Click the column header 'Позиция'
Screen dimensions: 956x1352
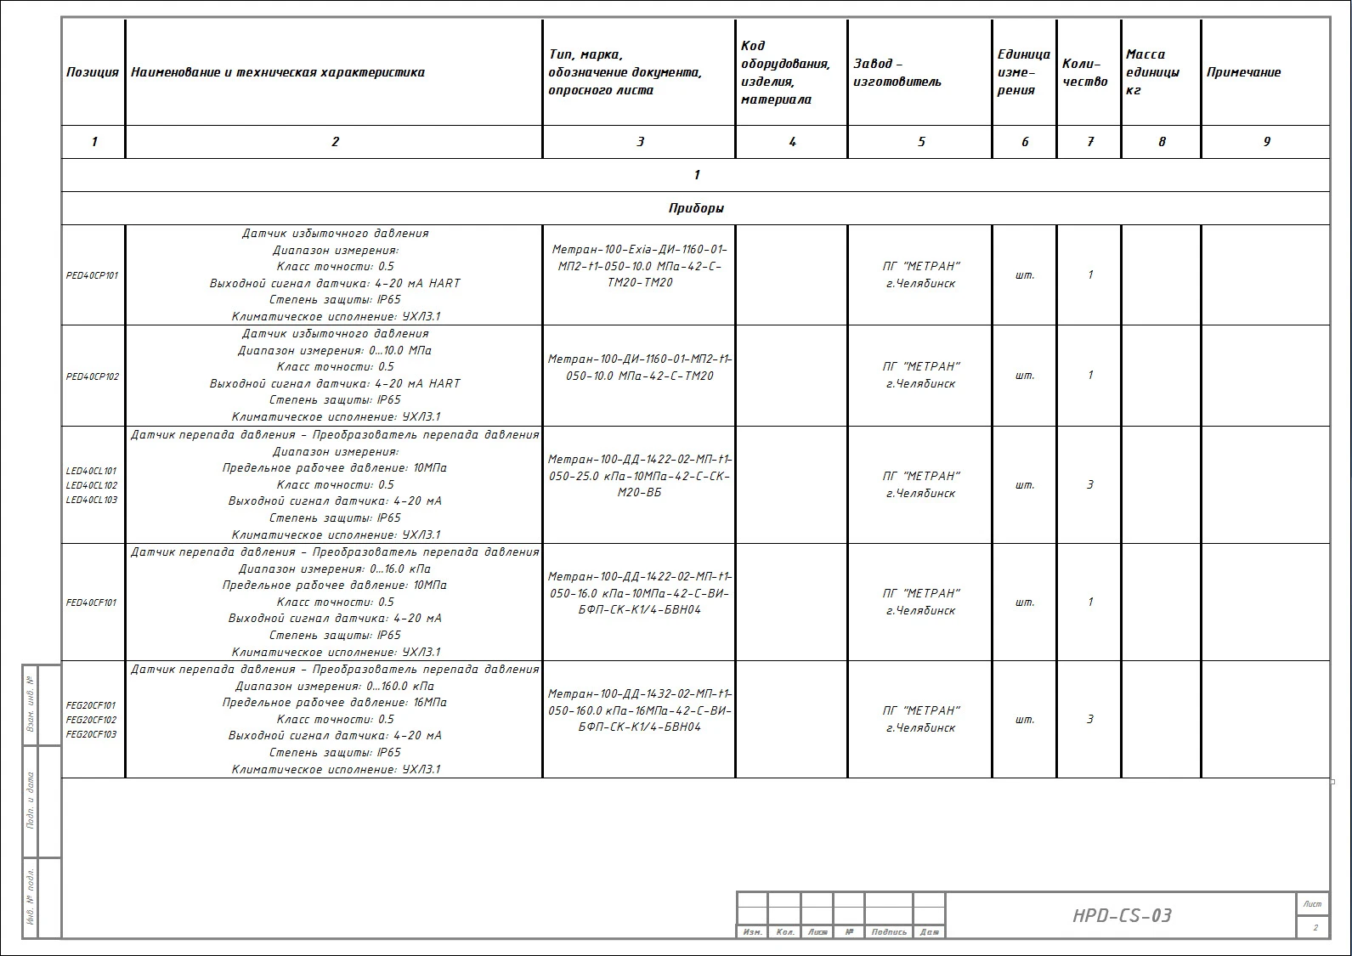(93, 72)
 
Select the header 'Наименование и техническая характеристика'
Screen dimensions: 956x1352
(278, 72)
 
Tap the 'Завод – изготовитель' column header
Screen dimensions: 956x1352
(897, 73)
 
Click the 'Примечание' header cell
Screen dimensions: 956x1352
(1243, 72)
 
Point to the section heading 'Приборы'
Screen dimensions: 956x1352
(696, 208)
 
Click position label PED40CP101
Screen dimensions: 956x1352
(93, 275)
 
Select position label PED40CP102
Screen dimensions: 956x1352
(93, 376)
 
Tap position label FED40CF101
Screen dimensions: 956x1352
(92, 602)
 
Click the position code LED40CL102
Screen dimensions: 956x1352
(92, 485)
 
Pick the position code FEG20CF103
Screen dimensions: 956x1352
(92, 734)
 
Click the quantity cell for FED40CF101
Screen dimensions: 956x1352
(1090, 602)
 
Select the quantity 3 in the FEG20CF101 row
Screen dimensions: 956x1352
(1090, 720)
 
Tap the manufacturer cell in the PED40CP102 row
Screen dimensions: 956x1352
(920, 375)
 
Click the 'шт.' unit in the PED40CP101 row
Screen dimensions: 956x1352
(1025, 275)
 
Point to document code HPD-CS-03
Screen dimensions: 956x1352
(1122, 915)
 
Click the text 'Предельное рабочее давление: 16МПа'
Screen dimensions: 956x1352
(335, 703)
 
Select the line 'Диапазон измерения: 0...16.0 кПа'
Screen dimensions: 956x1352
(335, 569)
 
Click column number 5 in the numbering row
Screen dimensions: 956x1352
(921, 142)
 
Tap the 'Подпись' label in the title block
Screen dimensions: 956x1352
(889, 932)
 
